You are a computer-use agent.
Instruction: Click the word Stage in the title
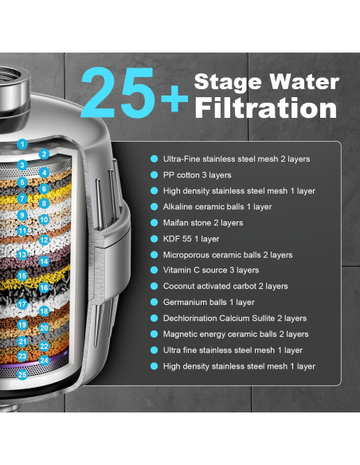pyautogui.click(x=231, y=82)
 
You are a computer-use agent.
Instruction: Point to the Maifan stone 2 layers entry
pyautogui.click(x=203, y=223)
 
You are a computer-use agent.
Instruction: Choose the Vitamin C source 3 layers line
pyautogui.click(x=210, y=271)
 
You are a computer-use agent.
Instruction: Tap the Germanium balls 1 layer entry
pyautogui.click(x=209, y=303)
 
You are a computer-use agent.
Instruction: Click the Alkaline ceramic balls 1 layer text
pyautogui.click(x=217, y=207)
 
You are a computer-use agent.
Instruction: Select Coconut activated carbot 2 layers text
pyautogui.click(x=225, y=287)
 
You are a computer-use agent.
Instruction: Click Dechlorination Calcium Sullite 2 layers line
pyautogui.click(x=234, y=318)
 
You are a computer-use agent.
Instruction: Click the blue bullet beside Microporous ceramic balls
pyautogui.click(x=155, y=255)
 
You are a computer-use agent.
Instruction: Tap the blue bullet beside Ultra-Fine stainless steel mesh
pyautogui.click(x=155, y=159)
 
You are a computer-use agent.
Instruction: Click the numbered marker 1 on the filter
pyautogui.click(x=23, y=145)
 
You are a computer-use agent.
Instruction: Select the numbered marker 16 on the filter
pyautogui.click(x=45, y=288)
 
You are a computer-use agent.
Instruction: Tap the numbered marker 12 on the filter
pyautogui.click(x=45, y=240)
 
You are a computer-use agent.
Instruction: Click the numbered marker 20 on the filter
pyautogui.click(x=45, y=327)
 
